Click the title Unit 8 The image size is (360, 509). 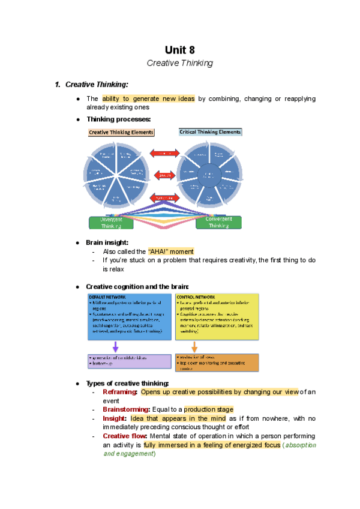(180, 50)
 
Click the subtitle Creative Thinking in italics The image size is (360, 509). (180, 62)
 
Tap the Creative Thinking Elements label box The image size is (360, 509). (121, 132)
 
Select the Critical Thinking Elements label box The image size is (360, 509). (211, 131)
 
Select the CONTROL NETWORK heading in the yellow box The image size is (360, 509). (195, 297)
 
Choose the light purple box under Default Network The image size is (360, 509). (128, 361)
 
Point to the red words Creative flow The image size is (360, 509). (124, 436)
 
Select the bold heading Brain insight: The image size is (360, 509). (107, 242)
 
